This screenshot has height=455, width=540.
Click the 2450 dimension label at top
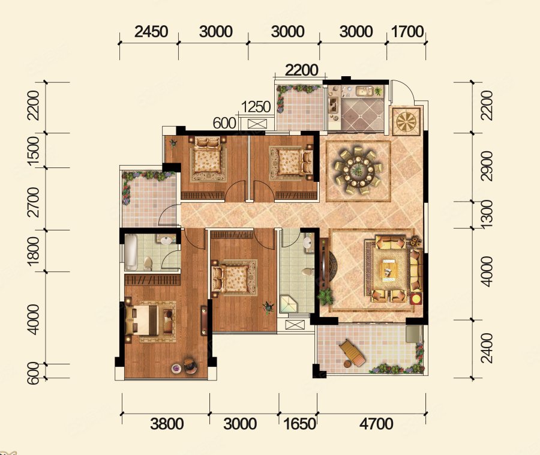coord(151,32)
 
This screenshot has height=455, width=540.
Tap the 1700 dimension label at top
coord(407,32)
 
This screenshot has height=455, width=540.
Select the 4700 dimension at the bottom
coord(376,424)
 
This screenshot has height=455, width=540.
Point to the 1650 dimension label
coord(299,424)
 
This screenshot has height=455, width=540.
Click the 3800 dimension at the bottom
coord(167,424)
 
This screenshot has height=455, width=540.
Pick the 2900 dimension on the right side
coord(487,166)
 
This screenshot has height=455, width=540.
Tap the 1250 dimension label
coord(256,107)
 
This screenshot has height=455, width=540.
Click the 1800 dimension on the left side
coord(34,251)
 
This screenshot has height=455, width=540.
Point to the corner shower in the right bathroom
coord(289,304)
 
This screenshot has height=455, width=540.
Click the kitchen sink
coord(364,91)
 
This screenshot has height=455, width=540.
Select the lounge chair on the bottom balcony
coord(352,353)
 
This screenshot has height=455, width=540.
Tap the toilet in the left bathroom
coord(148,264)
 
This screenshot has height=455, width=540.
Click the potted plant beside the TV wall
coord(325,296)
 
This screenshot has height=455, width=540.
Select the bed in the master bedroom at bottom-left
coord(149,320)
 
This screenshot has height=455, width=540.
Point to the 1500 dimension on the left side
coord(34,151)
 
